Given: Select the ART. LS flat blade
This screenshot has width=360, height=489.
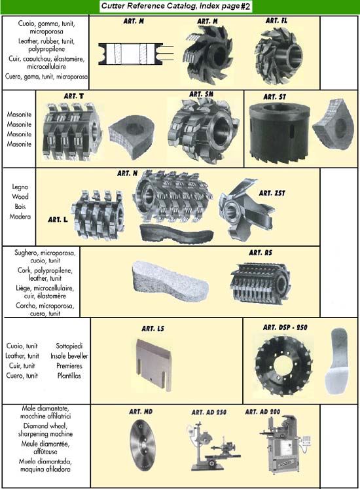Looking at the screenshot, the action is pyautogui.click(x=154, y=365).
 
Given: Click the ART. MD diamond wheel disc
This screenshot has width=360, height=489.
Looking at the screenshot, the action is pyautogui.click(x=142, y=444).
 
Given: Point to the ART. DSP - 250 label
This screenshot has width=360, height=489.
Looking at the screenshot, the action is pyautogui.click(x=285, y=327).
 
